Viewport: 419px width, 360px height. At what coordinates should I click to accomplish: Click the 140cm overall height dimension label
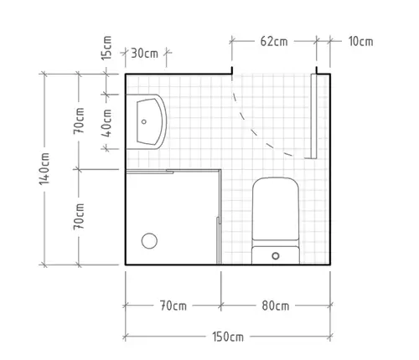(x=44, y=168)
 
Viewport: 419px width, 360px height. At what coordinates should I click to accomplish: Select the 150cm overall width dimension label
(x=228, y=337)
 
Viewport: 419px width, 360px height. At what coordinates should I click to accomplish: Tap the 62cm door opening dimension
(x=274, y=41)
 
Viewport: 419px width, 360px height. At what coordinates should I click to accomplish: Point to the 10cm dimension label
(x=360, y=41)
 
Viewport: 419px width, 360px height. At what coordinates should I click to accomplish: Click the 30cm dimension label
(x=144, y=53)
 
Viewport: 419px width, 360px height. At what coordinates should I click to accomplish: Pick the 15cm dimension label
(x=106, y=48)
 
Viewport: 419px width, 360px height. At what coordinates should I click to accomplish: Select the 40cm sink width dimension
(x=106, y=123)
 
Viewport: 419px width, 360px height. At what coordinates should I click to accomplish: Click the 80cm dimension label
(x=276, y=306)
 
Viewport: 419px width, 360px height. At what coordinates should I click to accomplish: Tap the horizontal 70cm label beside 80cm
(x=173, y=306)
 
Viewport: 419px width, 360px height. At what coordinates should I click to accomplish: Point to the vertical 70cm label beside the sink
(x=79, y=121)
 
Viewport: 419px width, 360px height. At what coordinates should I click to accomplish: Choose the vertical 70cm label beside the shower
(x=79, y=217)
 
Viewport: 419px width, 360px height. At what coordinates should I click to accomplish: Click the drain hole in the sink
(x=144, y=121)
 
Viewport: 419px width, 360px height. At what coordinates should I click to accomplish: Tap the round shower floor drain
(x=149, y=240)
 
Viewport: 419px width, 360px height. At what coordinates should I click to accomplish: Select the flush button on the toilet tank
(x=276, y=255)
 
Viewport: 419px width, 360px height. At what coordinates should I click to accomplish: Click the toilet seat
(x=276, y=208)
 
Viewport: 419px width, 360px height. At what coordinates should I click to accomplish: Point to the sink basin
(x=149, y=121)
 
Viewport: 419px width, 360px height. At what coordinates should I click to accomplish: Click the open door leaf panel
(x=313, y=116)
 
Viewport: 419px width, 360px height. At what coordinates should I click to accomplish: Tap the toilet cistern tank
(x=276, y=255)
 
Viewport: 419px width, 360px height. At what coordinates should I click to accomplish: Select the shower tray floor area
(x=172, y=218)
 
